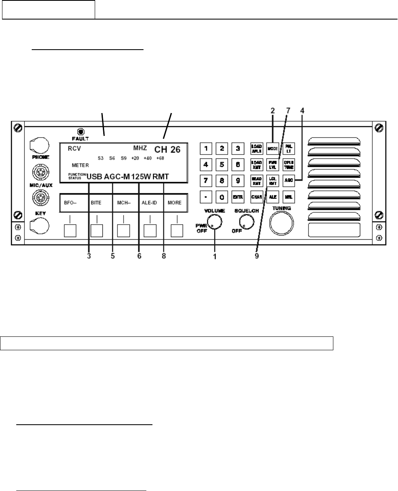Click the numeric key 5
point(221,165)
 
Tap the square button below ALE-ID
point(150,231)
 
